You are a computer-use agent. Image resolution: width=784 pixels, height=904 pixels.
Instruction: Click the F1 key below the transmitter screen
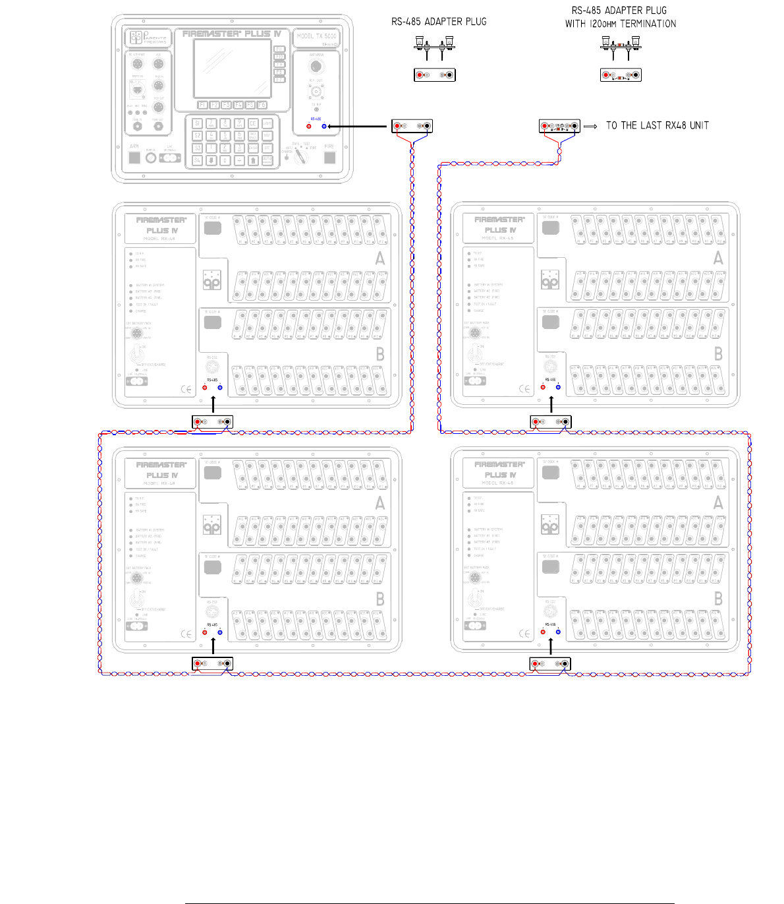[203, 105]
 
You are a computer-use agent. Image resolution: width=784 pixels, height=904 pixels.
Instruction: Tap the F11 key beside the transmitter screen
[279, 49]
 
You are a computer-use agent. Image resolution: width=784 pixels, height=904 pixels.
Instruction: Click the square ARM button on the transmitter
[134, 158]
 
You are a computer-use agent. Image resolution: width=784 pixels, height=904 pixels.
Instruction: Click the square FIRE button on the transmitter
[329, 158]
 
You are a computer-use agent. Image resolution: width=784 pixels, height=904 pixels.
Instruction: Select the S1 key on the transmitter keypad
[197, 123]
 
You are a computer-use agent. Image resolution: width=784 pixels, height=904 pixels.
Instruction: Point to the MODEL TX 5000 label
[316, 36]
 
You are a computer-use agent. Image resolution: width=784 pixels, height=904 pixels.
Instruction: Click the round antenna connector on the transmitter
[316, 66]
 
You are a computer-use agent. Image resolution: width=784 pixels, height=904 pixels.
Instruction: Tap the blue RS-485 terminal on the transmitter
[324, 126]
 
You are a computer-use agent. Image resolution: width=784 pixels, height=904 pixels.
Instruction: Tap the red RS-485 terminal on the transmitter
[309, 126]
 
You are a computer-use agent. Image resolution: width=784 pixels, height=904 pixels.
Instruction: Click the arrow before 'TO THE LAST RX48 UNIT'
[590, 126]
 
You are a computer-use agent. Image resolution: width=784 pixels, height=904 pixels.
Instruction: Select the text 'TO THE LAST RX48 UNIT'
[657, 125]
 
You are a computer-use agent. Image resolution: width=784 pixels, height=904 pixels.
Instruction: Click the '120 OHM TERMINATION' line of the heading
[620, 24]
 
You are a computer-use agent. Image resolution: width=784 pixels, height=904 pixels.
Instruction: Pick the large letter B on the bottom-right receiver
[718, 599]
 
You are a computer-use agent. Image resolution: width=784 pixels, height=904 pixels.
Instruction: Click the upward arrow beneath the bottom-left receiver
[213, 646]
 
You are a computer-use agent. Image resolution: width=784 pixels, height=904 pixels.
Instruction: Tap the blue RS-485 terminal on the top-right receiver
[558, 387]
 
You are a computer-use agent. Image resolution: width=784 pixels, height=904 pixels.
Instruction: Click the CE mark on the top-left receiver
[186, 389]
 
